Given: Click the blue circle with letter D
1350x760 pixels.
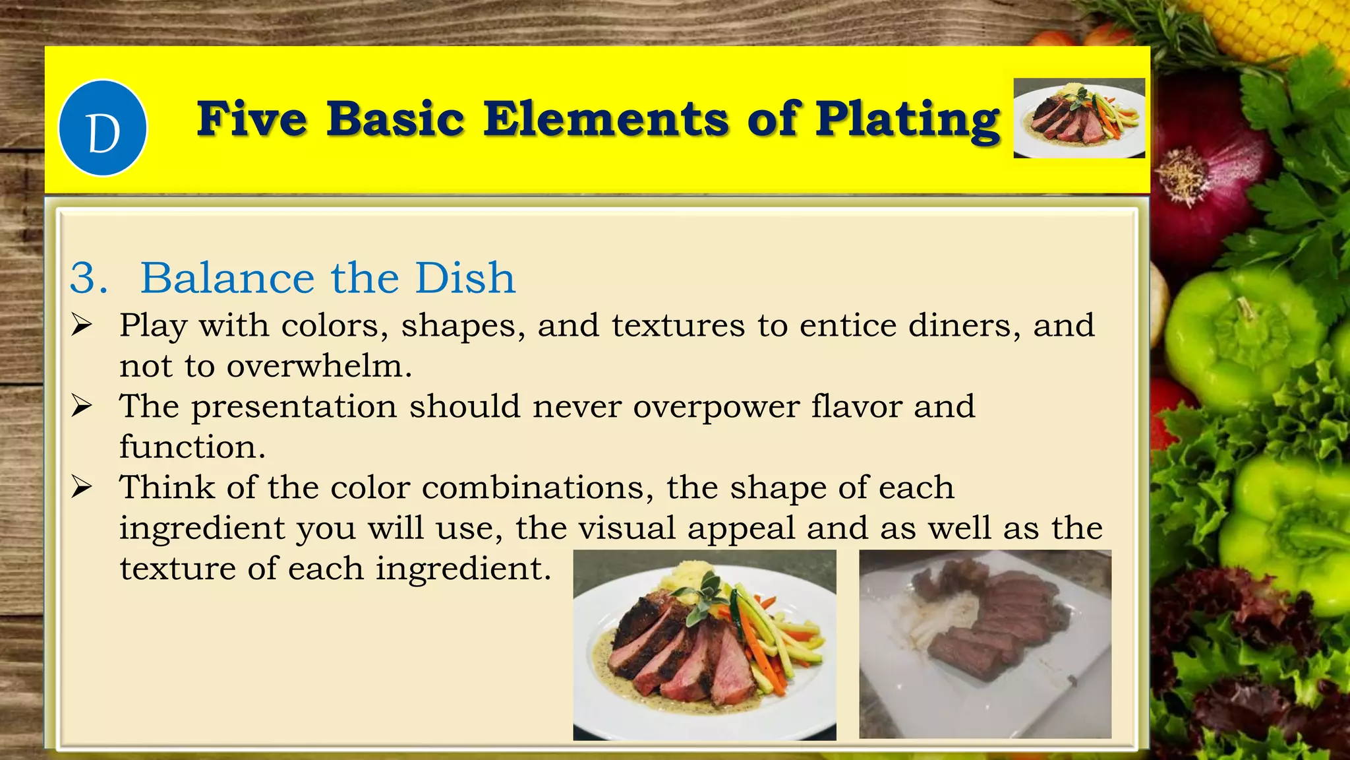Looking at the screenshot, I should point(103,129).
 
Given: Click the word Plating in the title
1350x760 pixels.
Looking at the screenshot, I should point(908,120).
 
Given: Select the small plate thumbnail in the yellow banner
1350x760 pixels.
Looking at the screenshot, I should point(1079,118).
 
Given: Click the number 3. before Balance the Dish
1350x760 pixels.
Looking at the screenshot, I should point(88,278).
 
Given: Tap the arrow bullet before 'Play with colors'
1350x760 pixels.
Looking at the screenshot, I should point(82,325).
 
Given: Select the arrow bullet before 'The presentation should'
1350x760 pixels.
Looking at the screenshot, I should point(82,406).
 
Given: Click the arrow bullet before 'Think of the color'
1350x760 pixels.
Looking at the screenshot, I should point(82,488).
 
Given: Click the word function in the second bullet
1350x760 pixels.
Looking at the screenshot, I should point(192,447).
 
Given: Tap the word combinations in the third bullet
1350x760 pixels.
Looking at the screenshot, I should point(537,488).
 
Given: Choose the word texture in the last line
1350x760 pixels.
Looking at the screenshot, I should point(177,569).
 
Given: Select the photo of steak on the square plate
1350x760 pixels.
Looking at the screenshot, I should point(985,644).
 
